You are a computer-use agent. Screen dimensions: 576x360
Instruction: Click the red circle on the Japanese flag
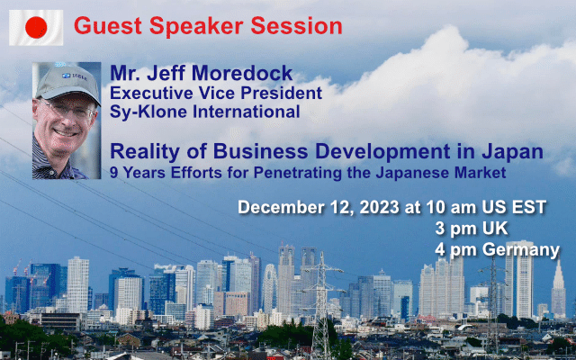(x=36, y=28)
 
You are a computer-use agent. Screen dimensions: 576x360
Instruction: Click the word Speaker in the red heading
(x=196, y=26)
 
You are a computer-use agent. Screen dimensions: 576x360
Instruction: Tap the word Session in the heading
(x=296, y=26)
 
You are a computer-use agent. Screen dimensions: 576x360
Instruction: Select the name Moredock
(x=242, y=73)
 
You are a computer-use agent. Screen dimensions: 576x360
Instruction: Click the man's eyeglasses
(x=67, y=110)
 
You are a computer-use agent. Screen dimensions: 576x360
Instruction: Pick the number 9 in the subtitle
(x=114, y=172)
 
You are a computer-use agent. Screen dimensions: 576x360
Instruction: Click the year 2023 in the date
(x=379, y=207)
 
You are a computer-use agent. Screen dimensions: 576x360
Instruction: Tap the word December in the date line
(x=281, y=207)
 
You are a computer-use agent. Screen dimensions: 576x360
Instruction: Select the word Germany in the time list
(x=521, y=250)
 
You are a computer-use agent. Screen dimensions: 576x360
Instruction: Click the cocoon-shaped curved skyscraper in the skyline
(x=269, y=286)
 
